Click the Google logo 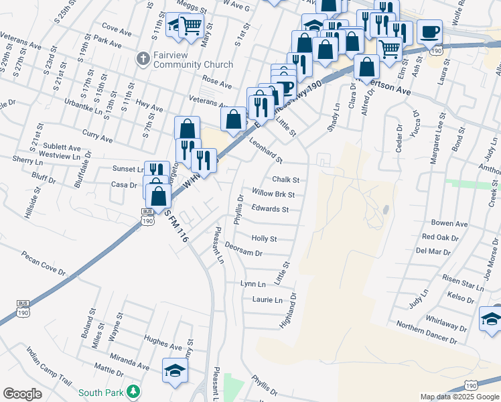22,394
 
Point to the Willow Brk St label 274,194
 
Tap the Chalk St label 285,180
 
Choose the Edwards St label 270,209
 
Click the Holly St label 263,239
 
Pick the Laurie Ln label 267,299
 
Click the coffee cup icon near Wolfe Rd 429,31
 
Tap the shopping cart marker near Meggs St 192,25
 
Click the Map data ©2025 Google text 459,397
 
